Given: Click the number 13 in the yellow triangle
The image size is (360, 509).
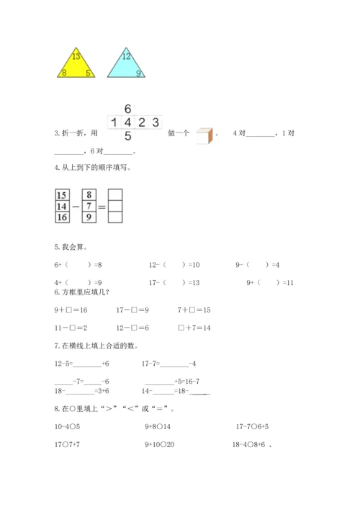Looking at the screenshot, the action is (76, 56).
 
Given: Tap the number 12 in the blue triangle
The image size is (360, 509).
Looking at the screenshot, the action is (126, 56).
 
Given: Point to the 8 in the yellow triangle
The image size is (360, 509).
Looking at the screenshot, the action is (64, 73).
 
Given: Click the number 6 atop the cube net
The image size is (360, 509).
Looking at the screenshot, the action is (127, 107).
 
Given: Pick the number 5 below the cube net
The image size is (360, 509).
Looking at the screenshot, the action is (127, 135).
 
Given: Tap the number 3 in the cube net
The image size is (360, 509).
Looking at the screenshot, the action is (155, 121).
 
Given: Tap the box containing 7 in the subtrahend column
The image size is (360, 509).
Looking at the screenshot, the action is (89, 206).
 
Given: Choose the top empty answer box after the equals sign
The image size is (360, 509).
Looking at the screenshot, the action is (115, 194).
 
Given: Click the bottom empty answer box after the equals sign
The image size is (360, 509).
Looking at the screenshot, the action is (115, 217).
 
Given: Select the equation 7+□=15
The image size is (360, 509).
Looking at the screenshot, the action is (194, 310).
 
